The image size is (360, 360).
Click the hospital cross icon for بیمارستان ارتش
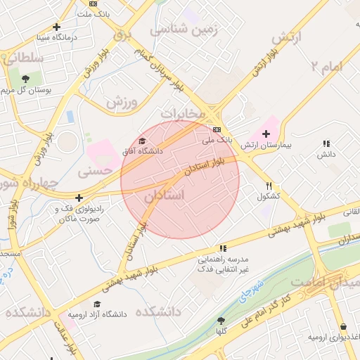266,134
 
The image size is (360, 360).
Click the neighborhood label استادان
165,195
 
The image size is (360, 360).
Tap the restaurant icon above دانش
326,143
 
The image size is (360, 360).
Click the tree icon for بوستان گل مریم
26,79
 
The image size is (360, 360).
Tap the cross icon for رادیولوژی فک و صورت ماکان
79,198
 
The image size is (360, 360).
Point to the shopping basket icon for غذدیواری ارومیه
344,326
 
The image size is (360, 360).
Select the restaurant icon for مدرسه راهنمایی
223,248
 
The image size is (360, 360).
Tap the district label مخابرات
182,112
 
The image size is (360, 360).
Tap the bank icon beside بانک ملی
217,129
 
